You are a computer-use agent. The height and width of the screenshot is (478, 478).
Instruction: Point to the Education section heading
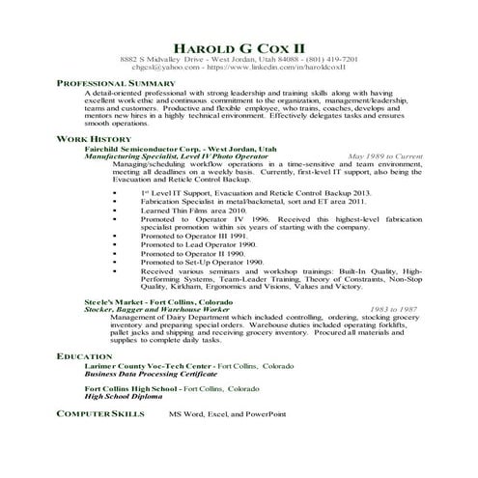(85, 357)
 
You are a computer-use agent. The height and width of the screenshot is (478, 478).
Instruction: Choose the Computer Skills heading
(100, 412)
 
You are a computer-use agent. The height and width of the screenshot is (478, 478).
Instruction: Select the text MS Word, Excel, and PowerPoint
(228, 413)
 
